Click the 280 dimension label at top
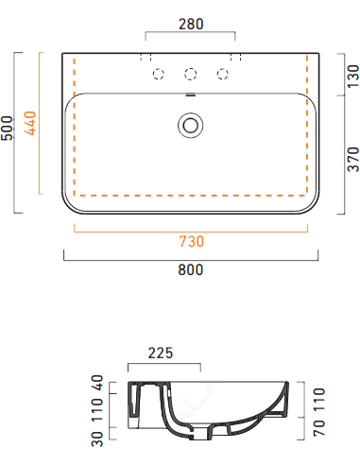tap(191, 25)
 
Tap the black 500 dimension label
tap(8, 128)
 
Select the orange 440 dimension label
tap(30, 123)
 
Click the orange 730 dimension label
tap(192, 242)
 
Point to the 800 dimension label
tap(191, 270)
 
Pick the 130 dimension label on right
tap(353, 77)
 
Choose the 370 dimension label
tap(353, 160)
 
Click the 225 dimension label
tap(161, 353)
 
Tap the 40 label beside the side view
tap(97, 383)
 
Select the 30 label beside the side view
tap(97, 439)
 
